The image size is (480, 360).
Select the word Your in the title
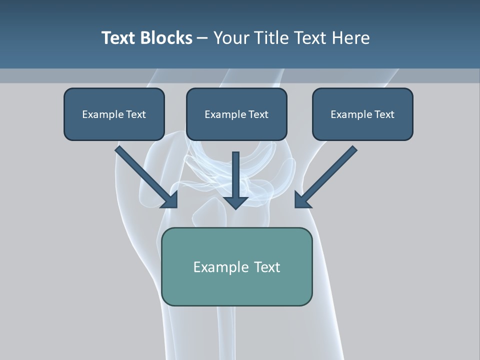pos(230,38)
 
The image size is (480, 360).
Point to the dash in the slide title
pos(202,38)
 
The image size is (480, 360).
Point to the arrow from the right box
pos(330,172)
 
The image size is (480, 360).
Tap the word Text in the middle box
pos(258,114)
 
